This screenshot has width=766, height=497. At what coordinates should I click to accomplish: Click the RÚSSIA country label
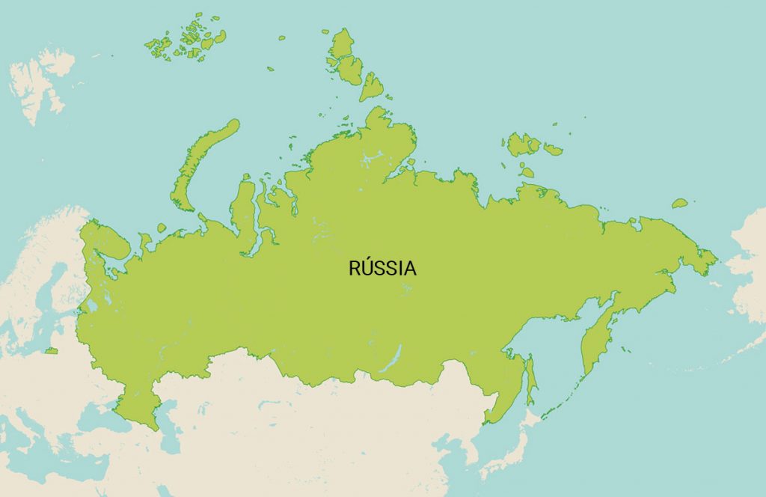pos(382,268)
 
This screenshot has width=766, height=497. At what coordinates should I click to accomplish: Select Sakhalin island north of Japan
pos(530,377)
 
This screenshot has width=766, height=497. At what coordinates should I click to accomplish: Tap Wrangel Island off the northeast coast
pos(679,203)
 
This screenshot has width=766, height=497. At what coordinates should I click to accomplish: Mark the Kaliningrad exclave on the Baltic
pos(51,350)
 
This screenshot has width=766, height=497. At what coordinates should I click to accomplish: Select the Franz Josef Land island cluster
pos(187,43)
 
